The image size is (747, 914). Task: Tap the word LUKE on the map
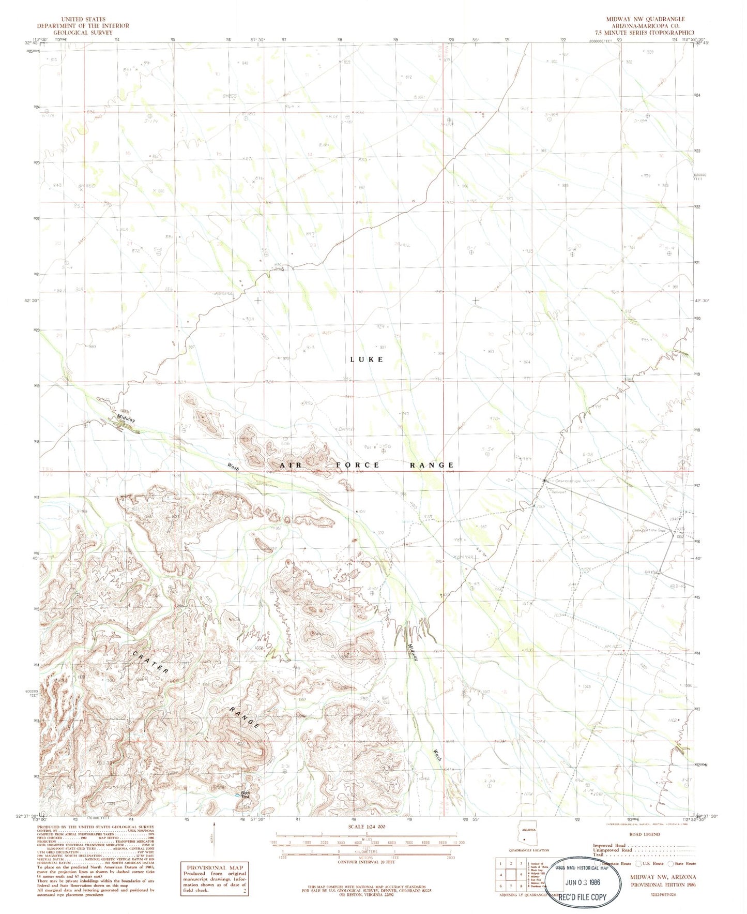pos(367,359)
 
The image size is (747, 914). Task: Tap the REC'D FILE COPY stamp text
pos(582,897)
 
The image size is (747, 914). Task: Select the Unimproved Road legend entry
pos(612,850)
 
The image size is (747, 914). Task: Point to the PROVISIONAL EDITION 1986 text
pos(663,885)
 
